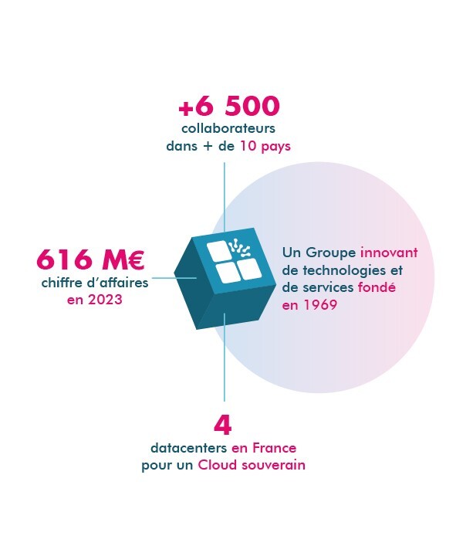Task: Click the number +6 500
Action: coord(229,106)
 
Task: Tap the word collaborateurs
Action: coord(228,128)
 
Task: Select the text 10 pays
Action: coord(265,146)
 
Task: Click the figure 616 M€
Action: coord(90,259)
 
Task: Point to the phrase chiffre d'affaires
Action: coord(95,283)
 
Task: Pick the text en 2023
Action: coord(95,300)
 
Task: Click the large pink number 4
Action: coord(223,426)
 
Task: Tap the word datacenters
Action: coord(189,448)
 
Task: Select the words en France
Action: coord(264,448)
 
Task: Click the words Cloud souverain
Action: coord(252,465)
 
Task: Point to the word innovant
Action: coord(389,253)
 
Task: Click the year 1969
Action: coord(321,305)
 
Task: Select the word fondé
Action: coord(377,287)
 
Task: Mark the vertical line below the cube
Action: coord(225,358)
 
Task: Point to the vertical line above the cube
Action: coord(225,198)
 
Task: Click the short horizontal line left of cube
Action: coord(174,278)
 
